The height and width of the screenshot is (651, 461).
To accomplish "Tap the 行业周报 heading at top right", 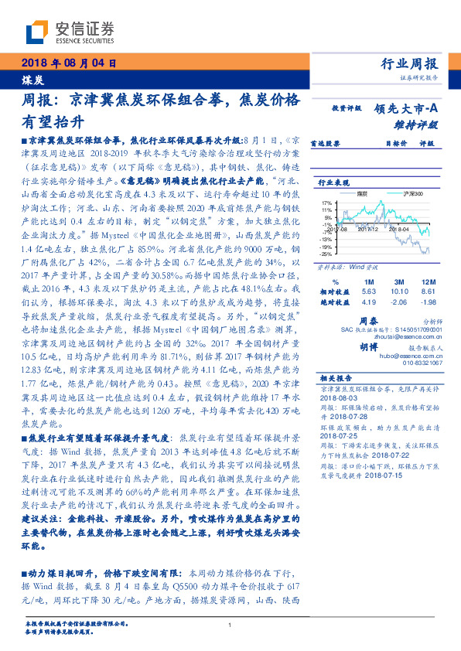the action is coord(410,64).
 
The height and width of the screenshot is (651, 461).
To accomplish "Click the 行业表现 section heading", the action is coord(333,182).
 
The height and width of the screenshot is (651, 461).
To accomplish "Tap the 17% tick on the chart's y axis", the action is coord(326,203).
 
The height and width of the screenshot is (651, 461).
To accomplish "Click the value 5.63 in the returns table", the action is coord(368,291).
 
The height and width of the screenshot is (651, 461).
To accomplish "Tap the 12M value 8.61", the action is coord(428,291).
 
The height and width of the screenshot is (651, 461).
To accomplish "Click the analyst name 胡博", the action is coord(367,346).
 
